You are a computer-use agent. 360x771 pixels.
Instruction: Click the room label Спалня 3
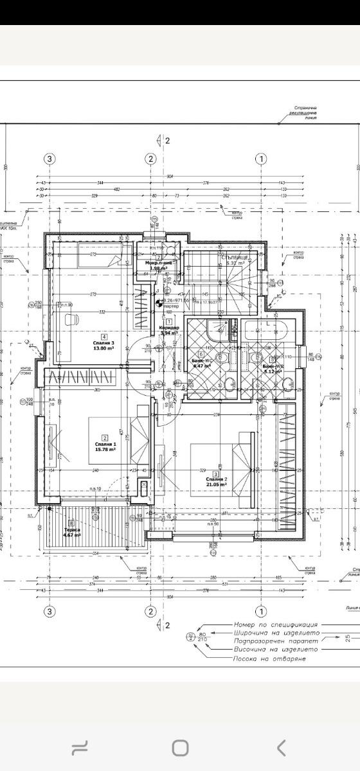[104, 343]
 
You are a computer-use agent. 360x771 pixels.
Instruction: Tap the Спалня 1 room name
[105, 444]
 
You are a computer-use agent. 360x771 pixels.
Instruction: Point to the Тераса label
[71, 529]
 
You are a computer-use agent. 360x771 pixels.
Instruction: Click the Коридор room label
[168, 328]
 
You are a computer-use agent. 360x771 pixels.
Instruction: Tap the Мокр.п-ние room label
[158, 263]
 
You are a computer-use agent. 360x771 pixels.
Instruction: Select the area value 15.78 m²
[105, 450]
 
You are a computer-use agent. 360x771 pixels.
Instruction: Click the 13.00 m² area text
[104, 349]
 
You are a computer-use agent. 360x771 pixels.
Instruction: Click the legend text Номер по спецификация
[276, 625]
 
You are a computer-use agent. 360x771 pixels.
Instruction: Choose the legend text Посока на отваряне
[271, 659]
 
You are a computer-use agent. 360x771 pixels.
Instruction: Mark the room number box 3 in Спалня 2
[215, 474]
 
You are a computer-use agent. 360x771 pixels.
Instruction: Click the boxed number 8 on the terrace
[72, 522]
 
